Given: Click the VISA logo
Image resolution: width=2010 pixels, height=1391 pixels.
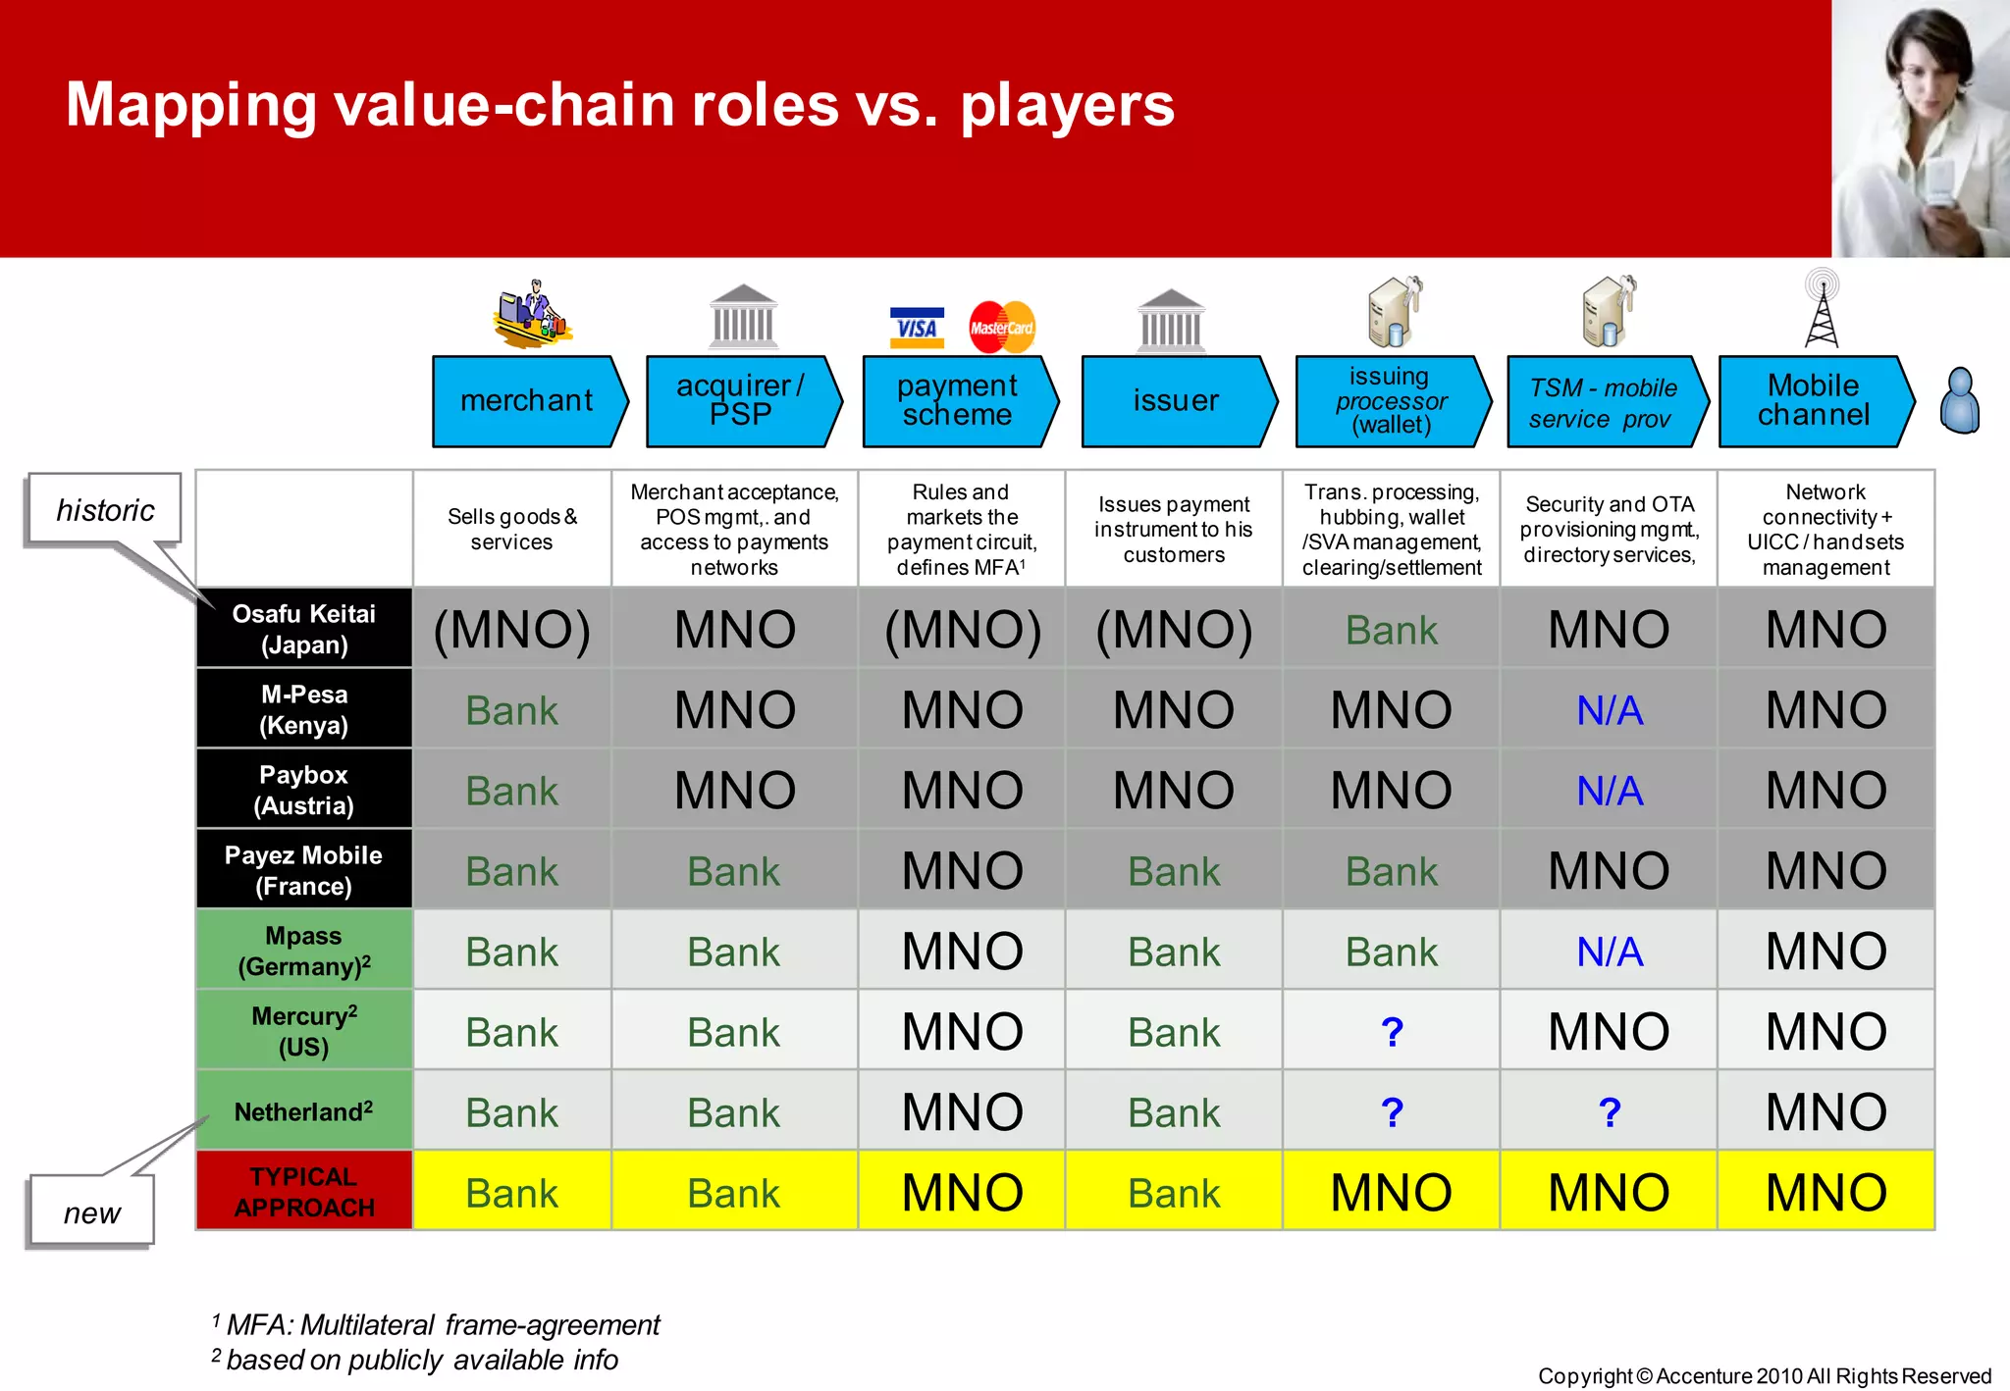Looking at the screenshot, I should pos(917,328).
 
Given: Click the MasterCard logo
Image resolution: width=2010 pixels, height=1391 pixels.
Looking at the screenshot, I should pos(1001,328).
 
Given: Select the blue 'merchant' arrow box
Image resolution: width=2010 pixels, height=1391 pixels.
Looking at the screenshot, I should pos(527,401).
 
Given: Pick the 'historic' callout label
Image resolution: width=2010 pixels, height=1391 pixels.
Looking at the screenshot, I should pos(104,510).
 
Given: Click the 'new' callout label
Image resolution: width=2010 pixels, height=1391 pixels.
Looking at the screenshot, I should pos(91,1212).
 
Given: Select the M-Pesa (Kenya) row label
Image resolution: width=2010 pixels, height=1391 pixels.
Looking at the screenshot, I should pos(304,709).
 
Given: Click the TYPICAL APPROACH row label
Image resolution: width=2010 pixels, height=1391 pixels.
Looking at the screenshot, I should pos(304,1191).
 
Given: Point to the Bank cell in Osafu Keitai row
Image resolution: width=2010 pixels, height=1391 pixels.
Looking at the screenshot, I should pos(1391,630).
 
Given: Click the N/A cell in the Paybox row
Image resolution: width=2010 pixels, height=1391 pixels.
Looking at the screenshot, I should pos(1609,791).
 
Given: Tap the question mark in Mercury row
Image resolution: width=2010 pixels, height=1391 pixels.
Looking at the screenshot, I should pos(1391,1032).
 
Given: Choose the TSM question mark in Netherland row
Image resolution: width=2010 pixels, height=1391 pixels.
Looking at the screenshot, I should pos(1609,1112).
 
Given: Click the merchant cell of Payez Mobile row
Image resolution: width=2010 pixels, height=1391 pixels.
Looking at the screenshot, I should pos(511,871).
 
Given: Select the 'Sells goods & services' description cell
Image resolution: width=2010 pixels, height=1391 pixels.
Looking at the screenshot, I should pos(511,530).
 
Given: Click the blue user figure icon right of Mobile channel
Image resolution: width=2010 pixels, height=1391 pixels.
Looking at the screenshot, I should pos(1960,400).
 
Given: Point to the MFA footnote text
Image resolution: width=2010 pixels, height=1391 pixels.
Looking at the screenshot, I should pos(442,1325).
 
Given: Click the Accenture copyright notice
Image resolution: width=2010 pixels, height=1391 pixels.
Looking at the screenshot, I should pos(1764,1375).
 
